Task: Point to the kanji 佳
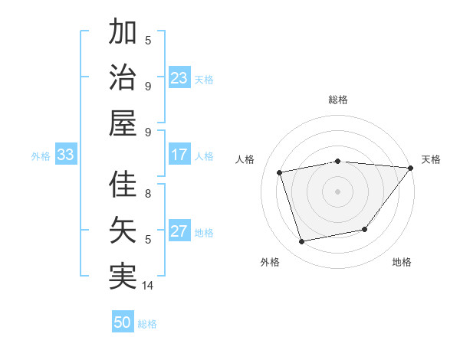123,186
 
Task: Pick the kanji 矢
123,231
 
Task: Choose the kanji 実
123,276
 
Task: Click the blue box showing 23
179,78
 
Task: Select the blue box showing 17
179,155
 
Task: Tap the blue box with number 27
179,231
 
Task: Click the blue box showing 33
65,155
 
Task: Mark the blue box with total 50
123,322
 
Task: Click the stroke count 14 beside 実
148,285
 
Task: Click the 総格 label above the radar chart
338,100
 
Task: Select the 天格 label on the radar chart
431,159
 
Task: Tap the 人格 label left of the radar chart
245,159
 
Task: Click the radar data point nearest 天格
410,169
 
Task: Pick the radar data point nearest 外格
302,242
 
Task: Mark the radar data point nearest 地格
365,229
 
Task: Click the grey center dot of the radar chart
338,191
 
